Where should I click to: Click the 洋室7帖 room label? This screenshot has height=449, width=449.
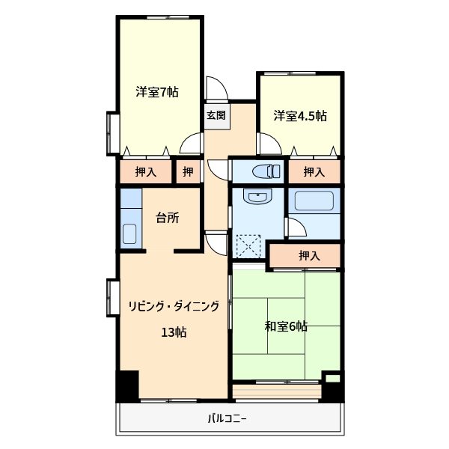157,94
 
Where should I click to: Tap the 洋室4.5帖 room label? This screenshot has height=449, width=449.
299,116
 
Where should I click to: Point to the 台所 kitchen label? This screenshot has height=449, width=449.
167,219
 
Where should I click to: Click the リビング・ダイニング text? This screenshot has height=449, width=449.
174,306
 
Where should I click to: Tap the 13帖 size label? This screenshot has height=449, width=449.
174,332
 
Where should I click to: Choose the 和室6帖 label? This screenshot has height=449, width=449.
286,326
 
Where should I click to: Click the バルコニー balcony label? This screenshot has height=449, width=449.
227,418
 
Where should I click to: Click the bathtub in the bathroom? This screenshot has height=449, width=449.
315,201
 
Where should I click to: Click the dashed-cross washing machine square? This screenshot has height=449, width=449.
248,245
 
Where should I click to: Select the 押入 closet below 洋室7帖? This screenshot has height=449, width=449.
145,172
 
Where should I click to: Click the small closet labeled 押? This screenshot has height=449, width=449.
188,172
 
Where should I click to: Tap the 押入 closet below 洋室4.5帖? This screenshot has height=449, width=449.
314,172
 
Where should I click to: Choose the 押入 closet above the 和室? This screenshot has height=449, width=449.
308,256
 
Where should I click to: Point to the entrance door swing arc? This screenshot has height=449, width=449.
214,87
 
